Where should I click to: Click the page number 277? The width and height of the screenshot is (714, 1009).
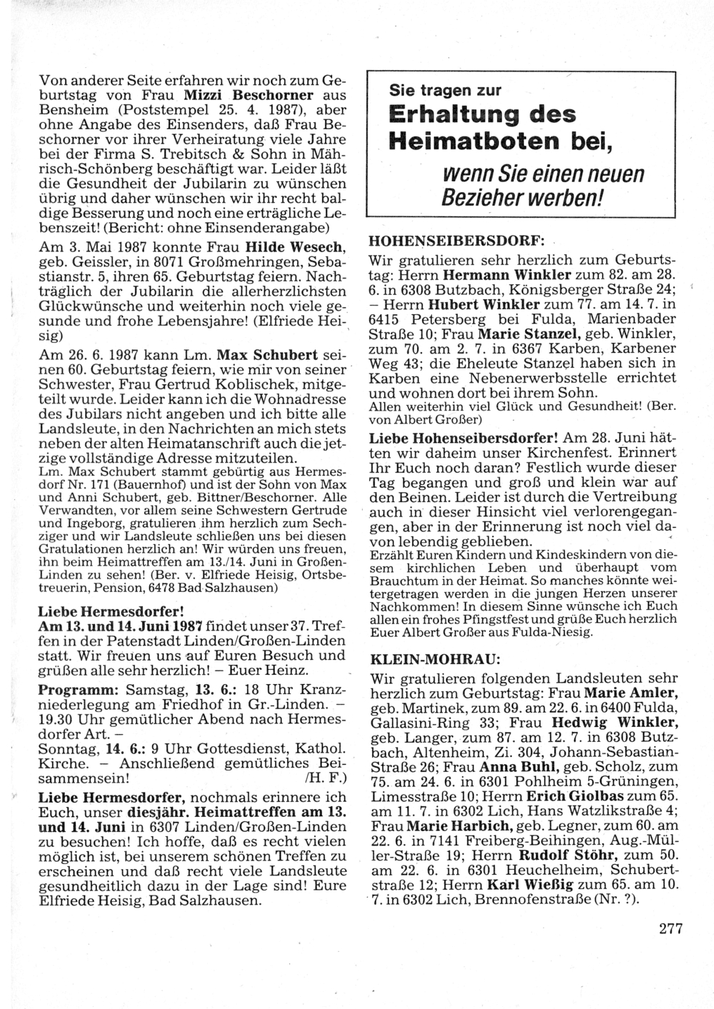tap(670, 929)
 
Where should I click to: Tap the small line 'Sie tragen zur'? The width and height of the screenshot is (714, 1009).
tap(445, 90)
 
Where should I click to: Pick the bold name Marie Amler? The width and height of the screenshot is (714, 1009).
tap(631, 693)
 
